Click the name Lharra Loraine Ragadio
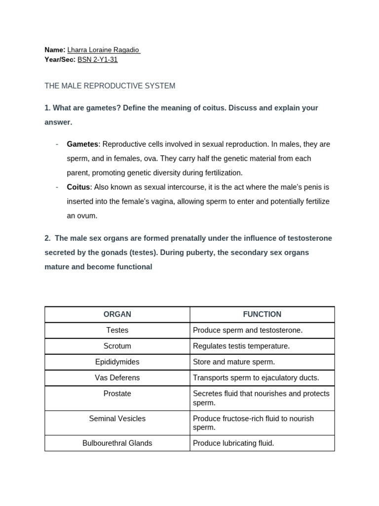(104, 50)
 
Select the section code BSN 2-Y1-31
(98, 60)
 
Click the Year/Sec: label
(60, 60)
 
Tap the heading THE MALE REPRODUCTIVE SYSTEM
(110, 86)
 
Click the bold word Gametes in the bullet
(82, 144)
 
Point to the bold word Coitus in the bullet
(78, 187)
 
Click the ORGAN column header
(117, 314)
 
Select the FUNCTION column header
(262, 314)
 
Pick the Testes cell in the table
(117, 330)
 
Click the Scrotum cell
(117, 346)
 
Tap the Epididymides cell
(117, 362)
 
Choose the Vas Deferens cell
(117, 378)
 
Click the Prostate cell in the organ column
(117, 394)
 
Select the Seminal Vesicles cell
(117, 419)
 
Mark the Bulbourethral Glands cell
(117, 443)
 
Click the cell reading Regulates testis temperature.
(241, 346)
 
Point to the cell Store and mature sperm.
(234, 362)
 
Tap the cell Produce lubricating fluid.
(233, 443)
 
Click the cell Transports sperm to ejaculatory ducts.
(256, 378)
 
